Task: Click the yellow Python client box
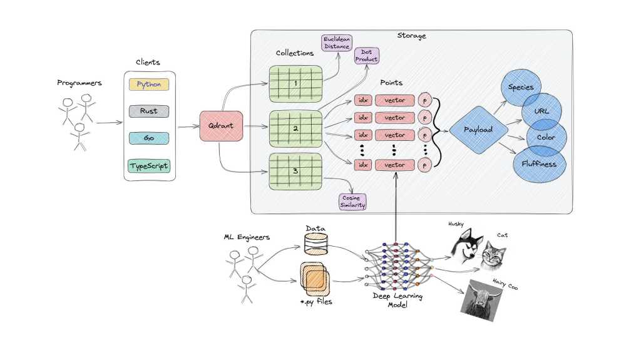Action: (149, 84)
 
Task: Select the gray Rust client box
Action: (149, 111)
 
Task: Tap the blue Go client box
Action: (149, 138)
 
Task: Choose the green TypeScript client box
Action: (149, 166)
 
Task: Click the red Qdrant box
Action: (221, 125)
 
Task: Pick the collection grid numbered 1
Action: (295, 84)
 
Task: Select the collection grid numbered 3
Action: (295, 171)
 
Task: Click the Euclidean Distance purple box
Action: (336, 43)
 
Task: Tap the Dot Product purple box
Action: (367, 55)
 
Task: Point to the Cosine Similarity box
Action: (352, 202)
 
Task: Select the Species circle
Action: (521, 87)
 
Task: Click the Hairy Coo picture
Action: (482, 299)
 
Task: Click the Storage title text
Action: (411, 36)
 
